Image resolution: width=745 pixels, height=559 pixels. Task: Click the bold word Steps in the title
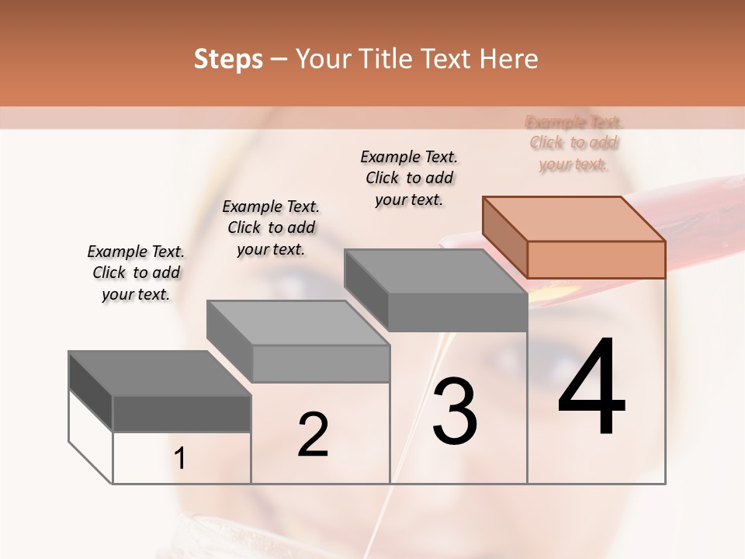click(x=228, y=59)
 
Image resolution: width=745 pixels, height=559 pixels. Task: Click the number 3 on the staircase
click(x=454, y=411)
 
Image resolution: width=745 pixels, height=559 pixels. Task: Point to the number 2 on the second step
click(x=313, y=435)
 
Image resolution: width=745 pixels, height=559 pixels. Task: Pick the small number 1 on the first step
click(x=180, y=459)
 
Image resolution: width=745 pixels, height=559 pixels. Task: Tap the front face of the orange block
click(x=596, y=259)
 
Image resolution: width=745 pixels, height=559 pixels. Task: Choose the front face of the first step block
click(x=182, y=414)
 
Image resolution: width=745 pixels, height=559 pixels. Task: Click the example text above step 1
click(x=136, y=273)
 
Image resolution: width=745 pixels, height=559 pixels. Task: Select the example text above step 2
click(x=271, y=227)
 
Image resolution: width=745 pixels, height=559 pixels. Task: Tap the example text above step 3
click(x=409, y=178)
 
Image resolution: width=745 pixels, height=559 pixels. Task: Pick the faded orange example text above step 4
click(x=574, y=143)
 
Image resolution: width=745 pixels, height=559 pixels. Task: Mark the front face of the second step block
click(x=321, y=363)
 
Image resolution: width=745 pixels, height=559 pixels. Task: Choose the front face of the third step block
click(x=458, y=312)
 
